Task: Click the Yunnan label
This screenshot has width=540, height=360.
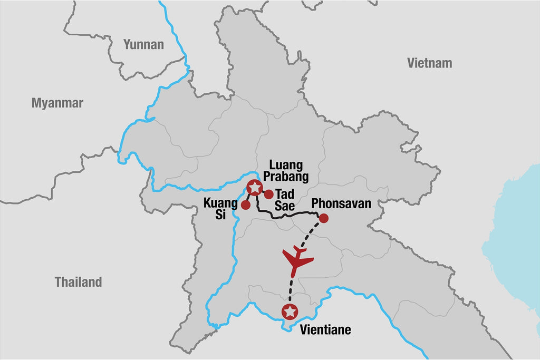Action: point(143,44)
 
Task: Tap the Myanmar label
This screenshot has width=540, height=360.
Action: point(57,103)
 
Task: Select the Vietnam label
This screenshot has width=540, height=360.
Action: point(429,63)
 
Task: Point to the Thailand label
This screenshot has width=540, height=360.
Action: point(79,282)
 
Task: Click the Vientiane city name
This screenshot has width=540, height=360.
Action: point(325,330)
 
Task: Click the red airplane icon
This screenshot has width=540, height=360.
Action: point(297,260)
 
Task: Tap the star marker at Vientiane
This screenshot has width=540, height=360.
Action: point(290,312)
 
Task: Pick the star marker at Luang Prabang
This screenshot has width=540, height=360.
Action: point(254,187)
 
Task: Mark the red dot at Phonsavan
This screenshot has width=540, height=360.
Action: point(324,218)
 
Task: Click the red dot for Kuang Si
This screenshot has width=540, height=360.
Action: point(245,205)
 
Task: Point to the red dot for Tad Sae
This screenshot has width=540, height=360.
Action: point(268,194)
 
